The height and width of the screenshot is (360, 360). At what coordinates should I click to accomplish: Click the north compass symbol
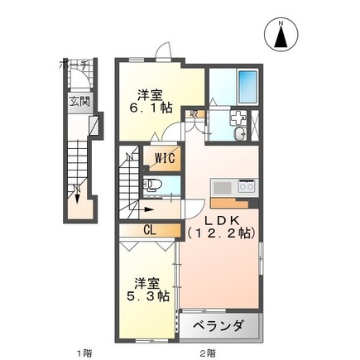[281, 34]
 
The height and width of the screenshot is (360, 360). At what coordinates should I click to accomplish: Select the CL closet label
[151, 231]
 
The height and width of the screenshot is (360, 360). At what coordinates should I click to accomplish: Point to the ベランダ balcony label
[218, 325]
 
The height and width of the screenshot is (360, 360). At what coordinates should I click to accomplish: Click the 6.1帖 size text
[154, 107]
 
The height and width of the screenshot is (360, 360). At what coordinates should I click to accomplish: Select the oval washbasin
[240, 135]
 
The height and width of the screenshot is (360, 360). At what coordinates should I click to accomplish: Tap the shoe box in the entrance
[94, 126]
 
